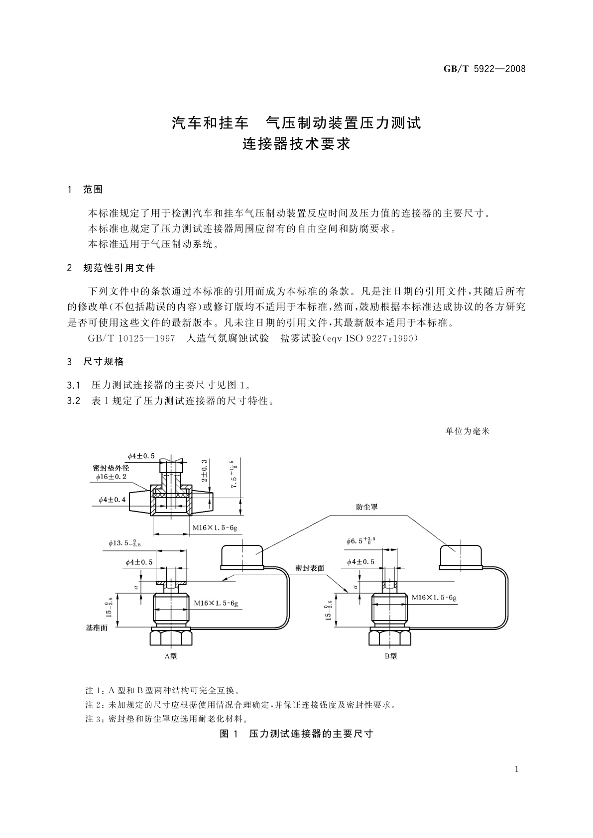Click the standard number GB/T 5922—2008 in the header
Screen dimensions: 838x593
(484, 69)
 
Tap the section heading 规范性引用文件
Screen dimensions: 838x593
(119, 268)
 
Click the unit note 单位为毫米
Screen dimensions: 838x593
(468, 431)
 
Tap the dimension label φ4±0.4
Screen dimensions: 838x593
(112, 499)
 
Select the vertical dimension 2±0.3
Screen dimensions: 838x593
(205, 470)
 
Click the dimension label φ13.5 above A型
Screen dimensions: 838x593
(124, 543)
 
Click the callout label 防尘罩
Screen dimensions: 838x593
(367, 507)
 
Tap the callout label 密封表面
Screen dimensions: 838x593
(310, 568)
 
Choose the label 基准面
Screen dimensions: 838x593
(97, 628)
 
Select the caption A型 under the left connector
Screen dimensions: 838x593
(170, 656)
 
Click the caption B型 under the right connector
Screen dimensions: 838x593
(390, 656)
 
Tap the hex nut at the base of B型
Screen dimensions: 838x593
(390, 638)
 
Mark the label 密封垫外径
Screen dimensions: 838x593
(111, 468)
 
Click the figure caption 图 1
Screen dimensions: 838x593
(230, 734)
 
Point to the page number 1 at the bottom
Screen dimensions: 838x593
(516, 769)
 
